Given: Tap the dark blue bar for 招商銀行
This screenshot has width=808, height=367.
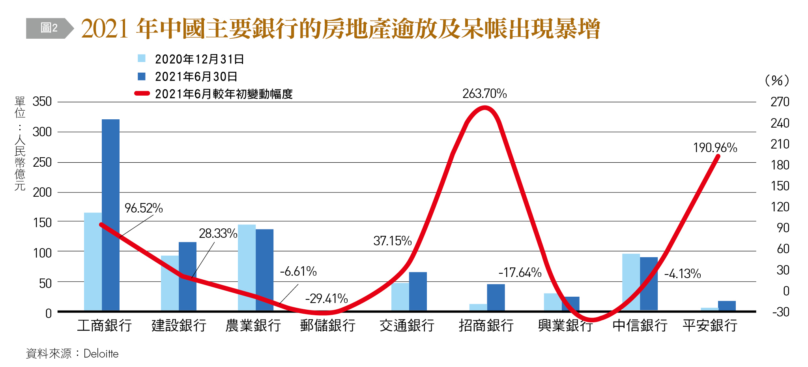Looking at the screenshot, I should [x=496, y=297].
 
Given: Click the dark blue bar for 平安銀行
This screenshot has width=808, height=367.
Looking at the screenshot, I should [x=726, y=306].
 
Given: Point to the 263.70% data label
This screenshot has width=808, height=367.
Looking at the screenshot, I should [x=484, y=94].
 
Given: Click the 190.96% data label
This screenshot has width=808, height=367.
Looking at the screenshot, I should [x=715, y=148].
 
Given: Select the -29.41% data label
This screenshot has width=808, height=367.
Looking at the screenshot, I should [x=326, y=299].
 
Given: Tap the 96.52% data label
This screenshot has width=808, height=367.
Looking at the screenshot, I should [x=144, y=208].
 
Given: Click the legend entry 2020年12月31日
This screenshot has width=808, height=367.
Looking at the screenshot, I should [x=199, y=59].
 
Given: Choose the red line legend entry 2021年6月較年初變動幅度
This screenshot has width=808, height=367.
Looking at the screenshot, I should [x=223, y=94].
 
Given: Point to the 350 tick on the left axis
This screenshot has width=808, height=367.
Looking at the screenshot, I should [x=42, y=102].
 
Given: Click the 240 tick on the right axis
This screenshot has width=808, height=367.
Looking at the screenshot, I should [x=780, y=123].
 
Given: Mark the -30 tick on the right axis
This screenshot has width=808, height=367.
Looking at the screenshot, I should [x=780, y=312].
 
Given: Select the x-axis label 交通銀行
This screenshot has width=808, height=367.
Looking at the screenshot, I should [x=407, y=326].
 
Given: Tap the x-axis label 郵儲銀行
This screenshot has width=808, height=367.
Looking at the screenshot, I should [x=327, y=326].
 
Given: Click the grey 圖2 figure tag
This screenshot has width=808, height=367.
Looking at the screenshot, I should [x=49, y=28].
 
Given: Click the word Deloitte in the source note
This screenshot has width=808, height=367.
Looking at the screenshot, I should [x=101, y=354].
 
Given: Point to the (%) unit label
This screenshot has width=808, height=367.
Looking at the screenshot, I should [x=776, y=81].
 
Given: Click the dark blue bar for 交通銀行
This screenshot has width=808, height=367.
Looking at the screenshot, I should [x=418, y=291].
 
